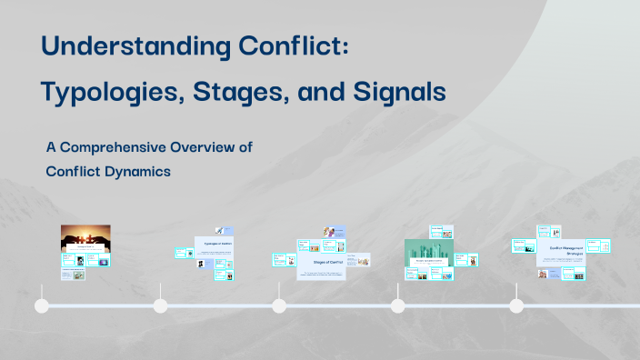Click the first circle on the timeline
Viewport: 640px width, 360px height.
[41, 305]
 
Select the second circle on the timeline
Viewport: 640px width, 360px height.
[160, 305]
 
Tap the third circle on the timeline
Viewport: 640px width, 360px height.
[278, 305]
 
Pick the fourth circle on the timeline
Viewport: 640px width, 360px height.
[397, 305]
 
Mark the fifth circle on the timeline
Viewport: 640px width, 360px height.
[516, 305]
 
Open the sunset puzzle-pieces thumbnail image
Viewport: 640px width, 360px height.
[85, 238]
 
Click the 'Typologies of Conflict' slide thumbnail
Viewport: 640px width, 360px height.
[214, 245]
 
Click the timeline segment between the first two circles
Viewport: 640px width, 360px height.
[100, 305]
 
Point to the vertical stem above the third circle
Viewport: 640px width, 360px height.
[278, 290]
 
